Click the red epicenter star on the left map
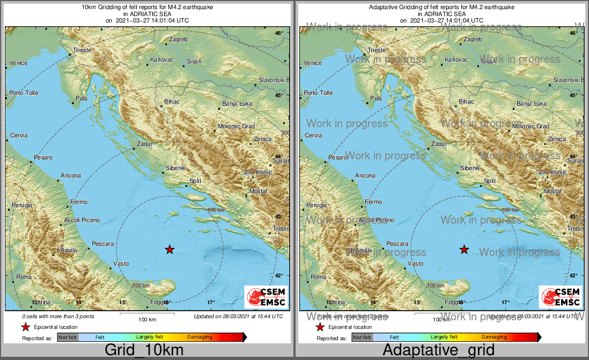(170, 249)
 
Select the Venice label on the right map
(312, 63)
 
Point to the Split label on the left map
(195, 181)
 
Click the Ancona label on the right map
(365, 175)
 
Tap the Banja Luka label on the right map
(531, 104)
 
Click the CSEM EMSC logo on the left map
(266, 297)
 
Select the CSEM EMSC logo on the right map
(561, 297)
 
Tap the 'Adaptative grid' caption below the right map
(439, 350)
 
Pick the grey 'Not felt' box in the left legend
(68, 337)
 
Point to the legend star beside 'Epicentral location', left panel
(25, 327)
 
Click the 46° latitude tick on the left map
(279, 33)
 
